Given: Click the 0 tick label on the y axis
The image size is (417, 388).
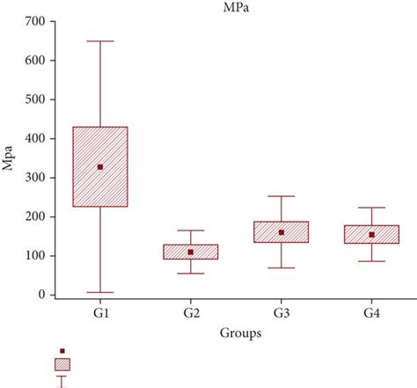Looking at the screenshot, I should tap(40, 295).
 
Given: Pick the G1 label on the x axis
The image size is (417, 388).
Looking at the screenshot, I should tap(100, 313).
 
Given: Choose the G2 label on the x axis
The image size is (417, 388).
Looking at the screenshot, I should tap(191, 313).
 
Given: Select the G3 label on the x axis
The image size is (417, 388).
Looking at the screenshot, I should tap(282, 313).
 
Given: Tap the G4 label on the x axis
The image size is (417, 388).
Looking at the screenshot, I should tap(371, 313).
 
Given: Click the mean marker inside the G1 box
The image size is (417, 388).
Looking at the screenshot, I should tap(100, 166).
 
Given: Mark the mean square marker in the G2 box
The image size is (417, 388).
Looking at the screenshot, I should tap(191, 253).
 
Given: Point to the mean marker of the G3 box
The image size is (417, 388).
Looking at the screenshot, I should tap(282, 232).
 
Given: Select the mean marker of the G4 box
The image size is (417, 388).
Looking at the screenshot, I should tap(371, 235).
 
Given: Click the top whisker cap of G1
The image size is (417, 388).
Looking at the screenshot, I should tap(100, 40).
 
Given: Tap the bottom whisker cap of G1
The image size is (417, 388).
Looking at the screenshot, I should tap(100, 292).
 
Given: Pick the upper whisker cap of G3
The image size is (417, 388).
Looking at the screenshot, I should tap(282, 196).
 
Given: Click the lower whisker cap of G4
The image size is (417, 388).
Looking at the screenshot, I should tap(371, 261).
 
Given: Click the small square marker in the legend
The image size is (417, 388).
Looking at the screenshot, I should tap(62, 351).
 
